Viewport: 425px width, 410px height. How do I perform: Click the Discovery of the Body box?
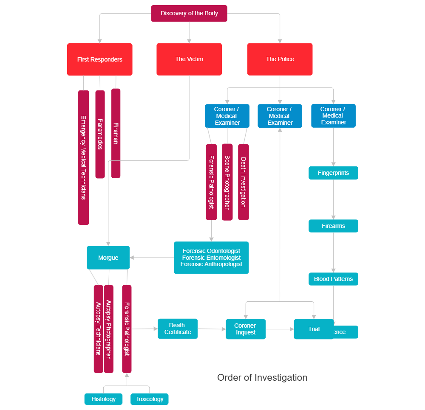point(189,13)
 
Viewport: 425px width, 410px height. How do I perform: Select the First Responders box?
point(99,59)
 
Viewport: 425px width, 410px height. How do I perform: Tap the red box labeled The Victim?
point(189,59)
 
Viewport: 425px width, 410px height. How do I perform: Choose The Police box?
point(280,59)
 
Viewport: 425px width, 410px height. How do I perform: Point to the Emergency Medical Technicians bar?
point(83,157)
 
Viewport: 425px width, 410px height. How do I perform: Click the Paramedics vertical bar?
point(100,134)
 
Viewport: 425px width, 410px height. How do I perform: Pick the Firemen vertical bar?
point(116,133)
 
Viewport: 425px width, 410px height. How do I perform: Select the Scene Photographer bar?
point(227,182)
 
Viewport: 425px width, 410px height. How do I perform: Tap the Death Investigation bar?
point(243,182)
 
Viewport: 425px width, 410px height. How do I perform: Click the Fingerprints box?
point(333,173)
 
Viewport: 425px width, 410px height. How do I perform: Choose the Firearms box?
point(333,226)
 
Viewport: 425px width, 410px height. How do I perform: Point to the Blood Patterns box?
point(333,279)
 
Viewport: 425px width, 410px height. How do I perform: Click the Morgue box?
point(108,258)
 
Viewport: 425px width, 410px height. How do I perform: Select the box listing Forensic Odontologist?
point(211,258)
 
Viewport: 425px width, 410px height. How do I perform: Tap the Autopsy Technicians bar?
point(98,329)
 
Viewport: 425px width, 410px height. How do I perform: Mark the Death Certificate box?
point(178,329)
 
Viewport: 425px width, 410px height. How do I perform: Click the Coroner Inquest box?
point(246,329)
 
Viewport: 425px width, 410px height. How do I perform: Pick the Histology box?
point(103,399)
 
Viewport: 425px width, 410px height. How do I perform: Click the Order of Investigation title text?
point(262,377)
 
